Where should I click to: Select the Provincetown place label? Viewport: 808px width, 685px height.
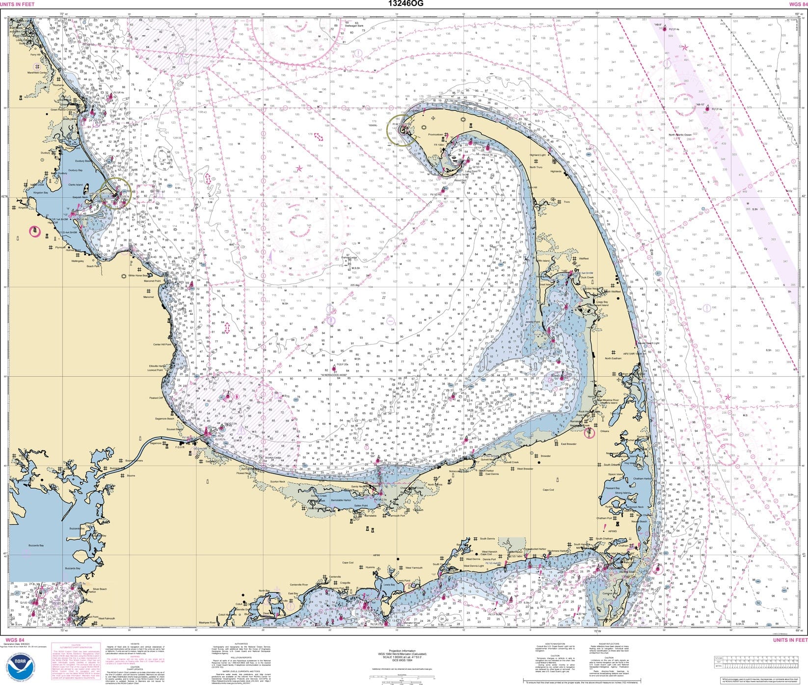coord(435,134)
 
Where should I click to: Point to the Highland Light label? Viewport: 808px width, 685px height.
coord(537,155)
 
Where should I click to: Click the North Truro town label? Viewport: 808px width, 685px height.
coord(536,167)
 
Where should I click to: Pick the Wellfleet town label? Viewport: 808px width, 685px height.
coord(584,259)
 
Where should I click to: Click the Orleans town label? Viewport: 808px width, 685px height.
coord(604,431)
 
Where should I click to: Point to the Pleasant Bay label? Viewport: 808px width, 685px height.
coord(612,488)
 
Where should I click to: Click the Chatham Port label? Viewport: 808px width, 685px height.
coord(604,518)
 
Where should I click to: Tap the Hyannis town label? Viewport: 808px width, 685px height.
coord(370,567)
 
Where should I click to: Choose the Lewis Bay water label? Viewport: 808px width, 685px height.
coord(389,585)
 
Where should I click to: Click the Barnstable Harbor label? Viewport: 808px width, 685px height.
coord(341,500)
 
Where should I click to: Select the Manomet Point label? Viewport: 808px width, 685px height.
coord(152,281)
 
